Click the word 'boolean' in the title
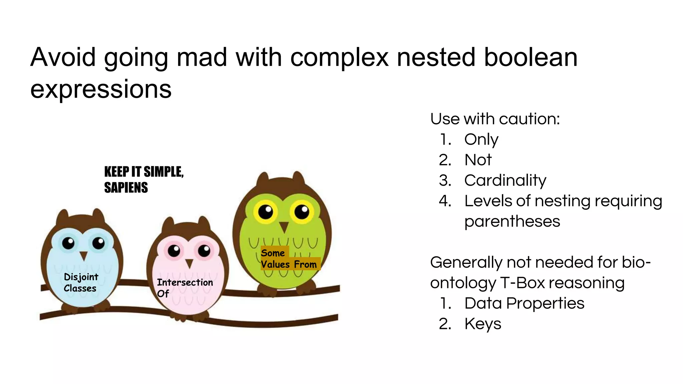pyautogui.click(x=530, y=57)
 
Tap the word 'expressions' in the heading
pyautogui.click(x=101, y=89)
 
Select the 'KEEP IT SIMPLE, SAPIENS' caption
pyautogui.click(x=144, y=180)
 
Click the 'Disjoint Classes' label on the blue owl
pyautogui.click(x=81, y=283)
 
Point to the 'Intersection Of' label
pyautogui.click(x=185, y=288)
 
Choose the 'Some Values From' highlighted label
pyautogui.click(x=288, y=259)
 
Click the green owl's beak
pyautogui.click(x=284, y=227)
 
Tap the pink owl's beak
pyautogui.click(x=189, y=264)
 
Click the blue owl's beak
pyautogui.click(x=83, y=256)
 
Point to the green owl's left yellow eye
pyautogui.click(x=265, y=211)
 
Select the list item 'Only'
pyautogui.click(x=481, y=139)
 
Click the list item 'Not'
pyautogui.click(x=478, y=160)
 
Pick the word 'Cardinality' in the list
pyautogui.click(x=505, y=180)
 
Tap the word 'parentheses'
pyautogui.click(x=512, y=221)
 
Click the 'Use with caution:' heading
pyautogui.click(x=495, y=119)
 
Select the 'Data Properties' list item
pyautogui.click(x=524, y=303)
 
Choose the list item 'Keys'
pyautogui.click(x=483, y=324)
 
